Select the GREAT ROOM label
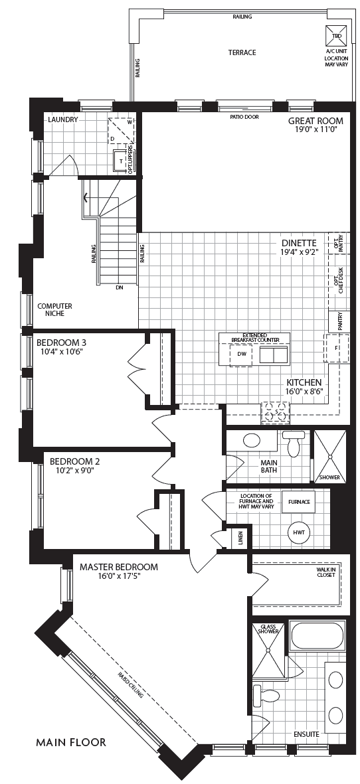coord(316,121)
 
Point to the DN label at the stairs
coord(119,287)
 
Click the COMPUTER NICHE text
coord(54,309)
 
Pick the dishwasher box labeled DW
coord(241,354)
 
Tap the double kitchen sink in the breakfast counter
coord(274,354)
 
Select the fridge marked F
coord(336,347)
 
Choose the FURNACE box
coord(298,501)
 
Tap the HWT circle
coord(299,532)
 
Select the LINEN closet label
coord(240,538)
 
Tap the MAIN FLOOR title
coord(71,742)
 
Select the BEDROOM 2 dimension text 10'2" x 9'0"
coord(76,469)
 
